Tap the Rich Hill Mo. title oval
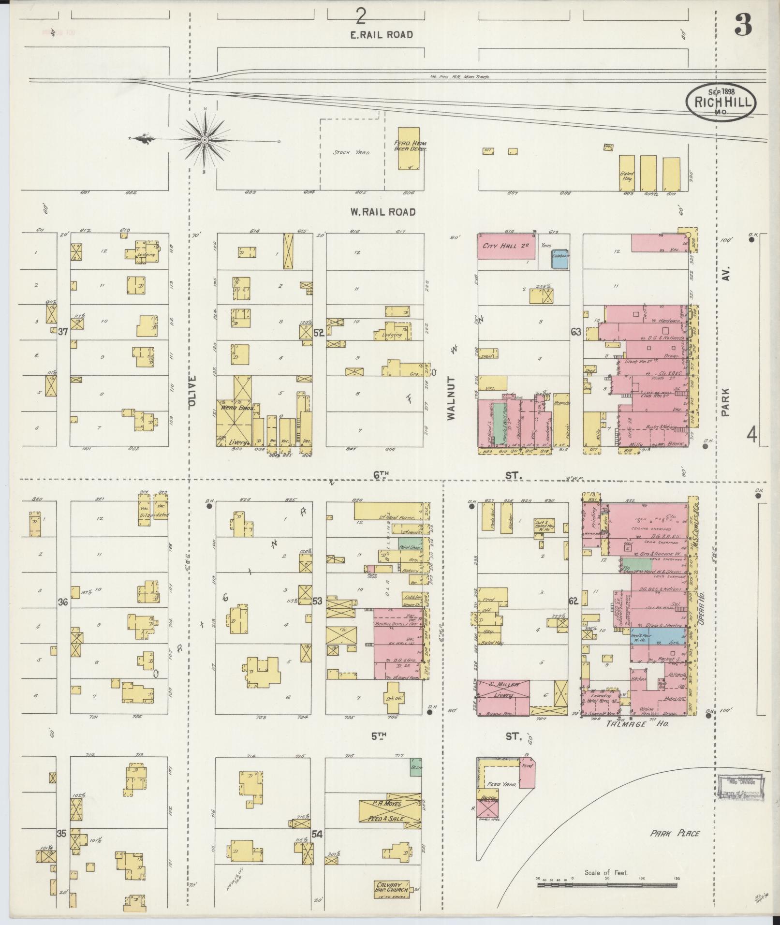(720, 102)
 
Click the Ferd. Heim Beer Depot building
(408, 148)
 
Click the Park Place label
(675, 833)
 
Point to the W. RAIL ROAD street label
(383, 212)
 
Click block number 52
(318, 333)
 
